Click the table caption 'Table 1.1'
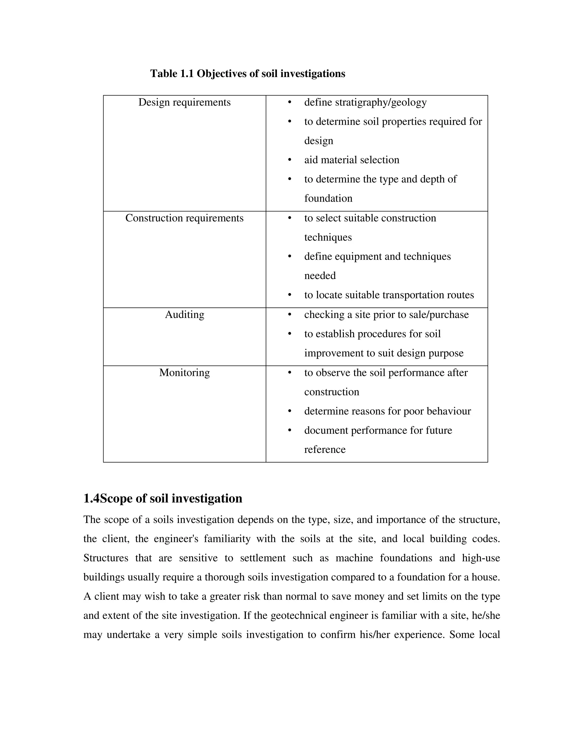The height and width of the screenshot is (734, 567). point(172,74)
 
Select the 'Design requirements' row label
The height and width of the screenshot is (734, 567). point(184,102)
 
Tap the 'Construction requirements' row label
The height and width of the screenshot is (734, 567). point(184,218)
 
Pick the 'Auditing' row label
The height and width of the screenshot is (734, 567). point(184,315)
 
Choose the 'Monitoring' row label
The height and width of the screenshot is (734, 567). point(184,373)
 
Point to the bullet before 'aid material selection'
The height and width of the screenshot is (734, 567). point(290,160)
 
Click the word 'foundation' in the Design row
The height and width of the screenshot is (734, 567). point(328,198)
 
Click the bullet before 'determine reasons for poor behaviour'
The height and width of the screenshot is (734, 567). point(290,411)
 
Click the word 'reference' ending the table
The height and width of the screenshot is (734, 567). point(324,450)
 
